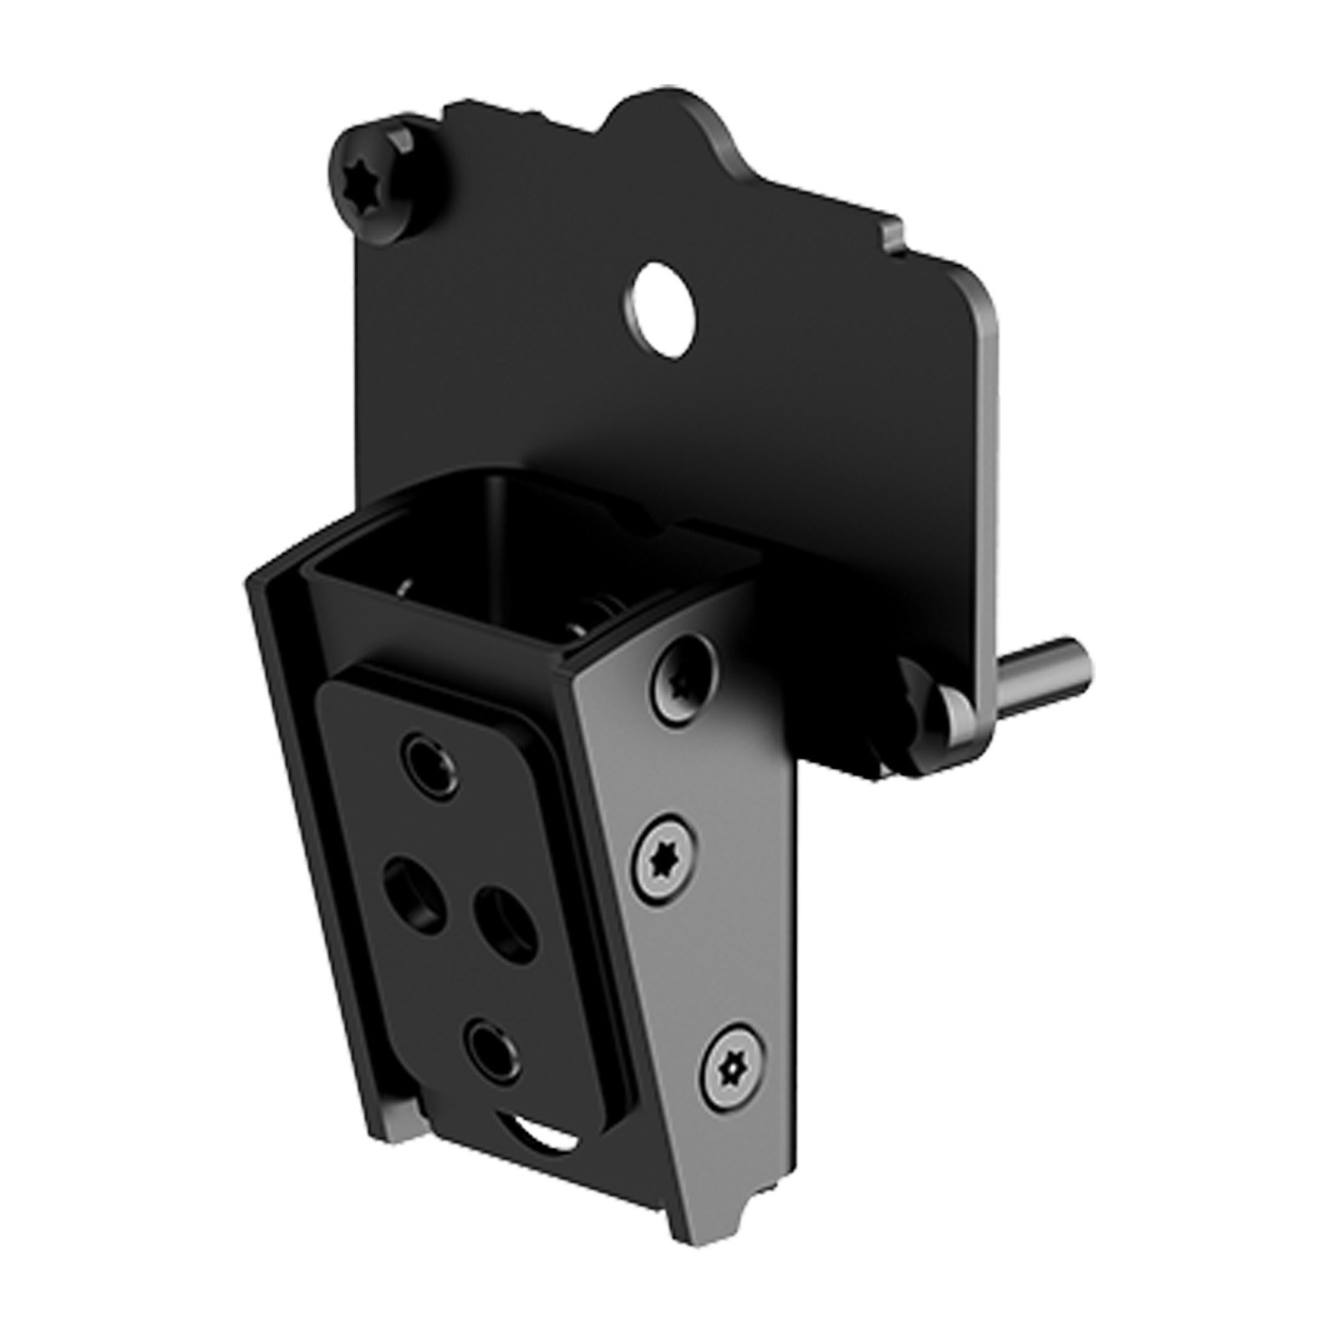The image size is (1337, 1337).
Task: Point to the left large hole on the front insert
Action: [x=411, y=890]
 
